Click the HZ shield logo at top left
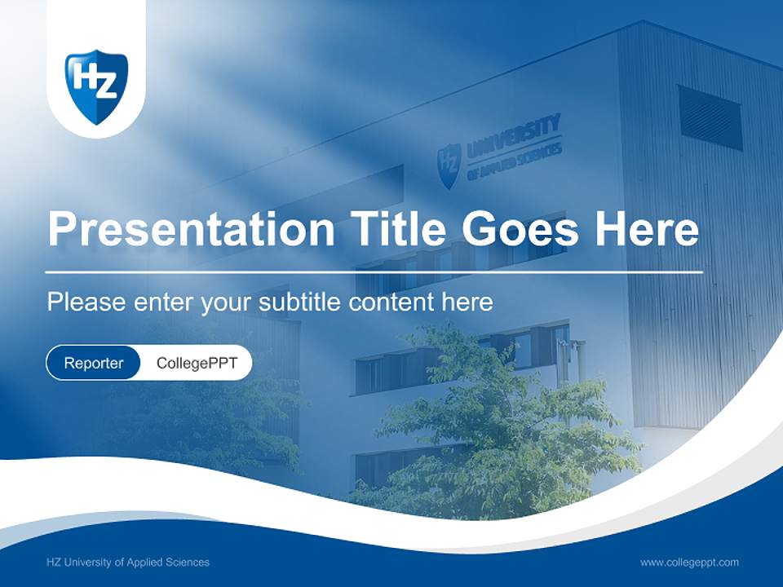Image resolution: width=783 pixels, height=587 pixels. coord(96,85)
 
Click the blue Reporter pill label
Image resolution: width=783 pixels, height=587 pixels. coord(94,363)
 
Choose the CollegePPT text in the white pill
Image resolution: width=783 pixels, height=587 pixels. coord(197,363)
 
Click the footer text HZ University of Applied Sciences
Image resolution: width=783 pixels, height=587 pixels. coord(128,563)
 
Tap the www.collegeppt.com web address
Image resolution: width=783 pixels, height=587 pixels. coord(689,563)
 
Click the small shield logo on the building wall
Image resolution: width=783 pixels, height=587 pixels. coord(449,165)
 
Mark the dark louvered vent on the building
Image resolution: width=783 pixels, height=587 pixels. coord(710,117)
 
